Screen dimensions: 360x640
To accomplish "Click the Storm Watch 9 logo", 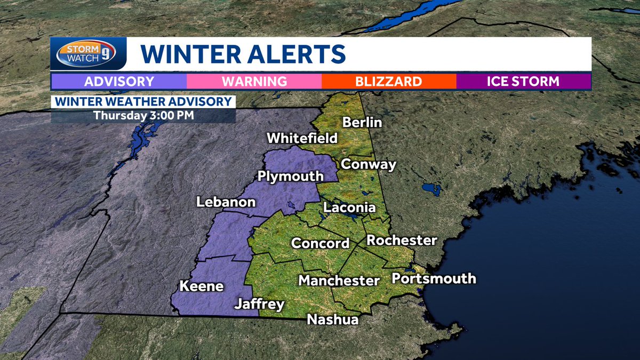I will point(88,54).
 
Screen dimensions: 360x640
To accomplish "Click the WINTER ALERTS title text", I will point(243,54).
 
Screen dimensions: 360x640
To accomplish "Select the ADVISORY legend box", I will point(119,82).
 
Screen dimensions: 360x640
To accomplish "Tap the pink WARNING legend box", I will point(254,82).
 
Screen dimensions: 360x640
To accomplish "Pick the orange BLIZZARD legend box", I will point(389,82).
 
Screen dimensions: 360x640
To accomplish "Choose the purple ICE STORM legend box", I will point(523,82).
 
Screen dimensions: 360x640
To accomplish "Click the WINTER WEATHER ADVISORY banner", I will point(143,101).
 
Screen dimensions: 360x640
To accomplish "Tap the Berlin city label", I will point(362,123).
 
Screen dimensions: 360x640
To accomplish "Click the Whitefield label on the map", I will point(302,138).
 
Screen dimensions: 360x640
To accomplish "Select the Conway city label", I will point(369,164).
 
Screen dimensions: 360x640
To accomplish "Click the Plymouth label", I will point(291,176).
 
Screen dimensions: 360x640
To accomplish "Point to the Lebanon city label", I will point(226,203).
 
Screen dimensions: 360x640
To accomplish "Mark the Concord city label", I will point(320,244).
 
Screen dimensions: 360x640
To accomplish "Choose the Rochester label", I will point(402,241).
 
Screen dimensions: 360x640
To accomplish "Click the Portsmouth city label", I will point(434,278).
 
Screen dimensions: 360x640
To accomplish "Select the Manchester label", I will point(339,281).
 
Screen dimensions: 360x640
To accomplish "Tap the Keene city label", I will point(202,286).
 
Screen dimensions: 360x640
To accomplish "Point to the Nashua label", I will point(332,319).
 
